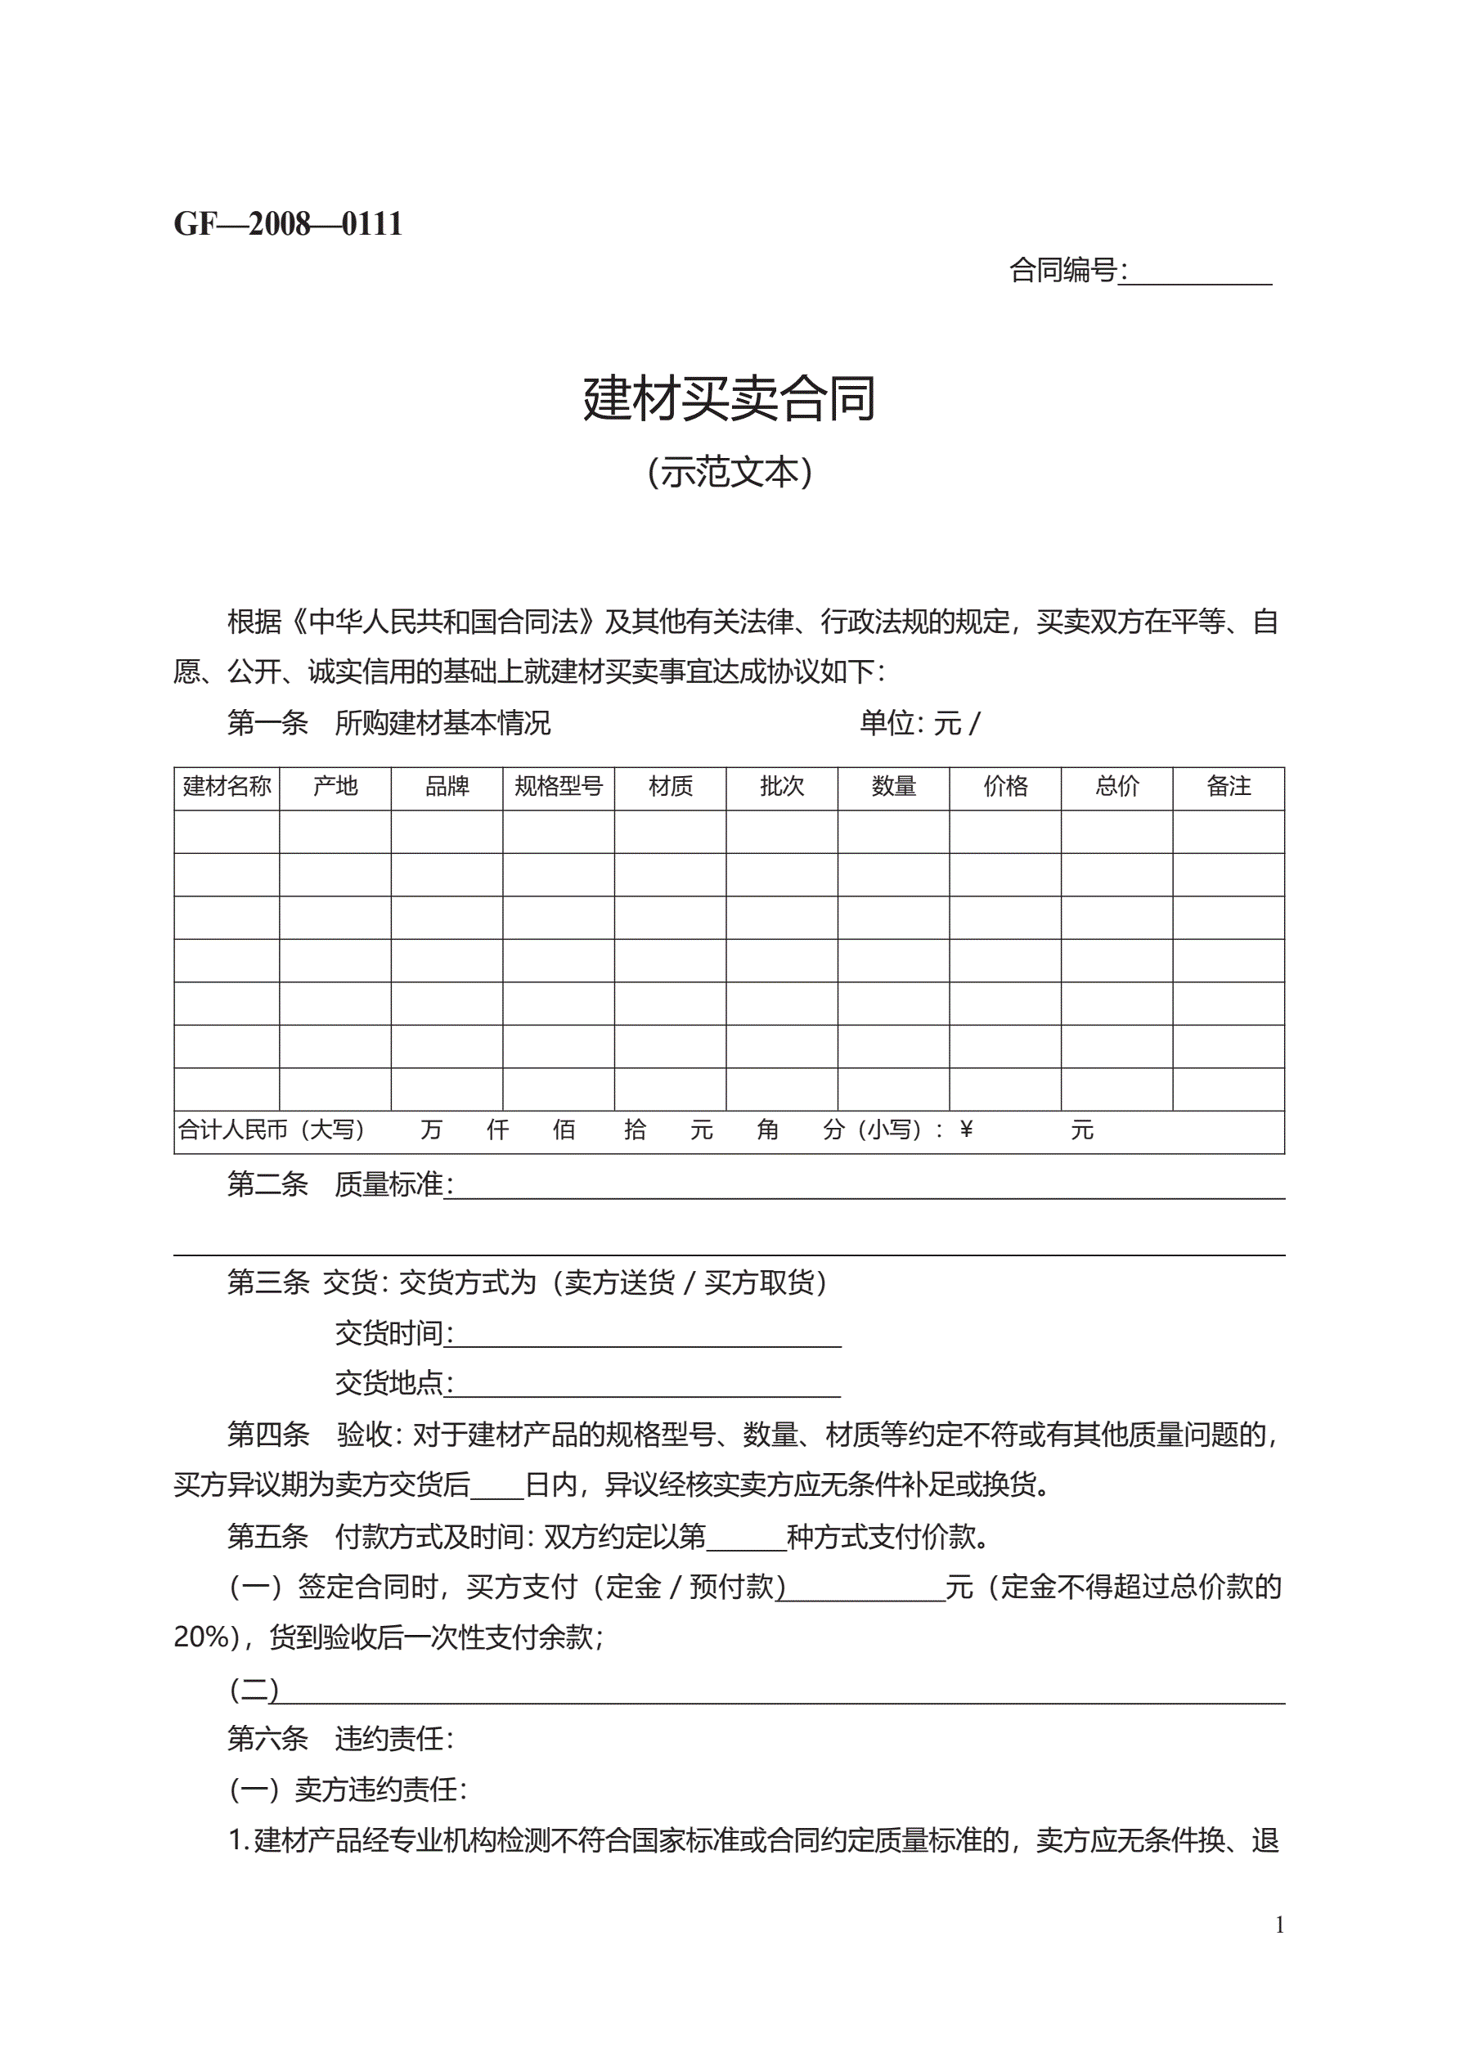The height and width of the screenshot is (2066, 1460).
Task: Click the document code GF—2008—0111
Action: click(288, 224)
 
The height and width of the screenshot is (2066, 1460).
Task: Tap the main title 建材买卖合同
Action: click(729, 398)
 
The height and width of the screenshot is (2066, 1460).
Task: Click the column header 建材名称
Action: click(227, 787)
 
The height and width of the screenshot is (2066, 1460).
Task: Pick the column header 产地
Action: click(335, 787)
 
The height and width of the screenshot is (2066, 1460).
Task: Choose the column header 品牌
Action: click(447, 787)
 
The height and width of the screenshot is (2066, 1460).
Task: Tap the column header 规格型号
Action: click(558, 787)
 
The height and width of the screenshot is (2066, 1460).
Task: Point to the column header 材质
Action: click(671, 787)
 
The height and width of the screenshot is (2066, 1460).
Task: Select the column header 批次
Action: click(781, 787)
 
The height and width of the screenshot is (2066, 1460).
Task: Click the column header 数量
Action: click(893, 787)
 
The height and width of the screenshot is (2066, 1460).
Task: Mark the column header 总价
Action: click(1116, 787)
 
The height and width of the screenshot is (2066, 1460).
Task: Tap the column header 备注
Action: click(1228, 787)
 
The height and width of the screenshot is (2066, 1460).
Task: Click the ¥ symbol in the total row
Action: click(966, 1130)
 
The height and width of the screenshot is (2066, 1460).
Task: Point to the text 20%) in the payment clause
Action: click(206, 1637)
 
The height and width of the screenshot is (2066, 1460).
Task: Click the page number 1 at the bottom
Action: click(1279, 1925)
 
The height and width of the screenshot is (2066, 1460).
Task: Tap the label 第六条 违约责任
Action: click(340, 1739)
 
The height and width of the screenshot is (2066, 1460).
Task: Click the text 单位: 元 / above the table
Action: click(919, 722)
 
